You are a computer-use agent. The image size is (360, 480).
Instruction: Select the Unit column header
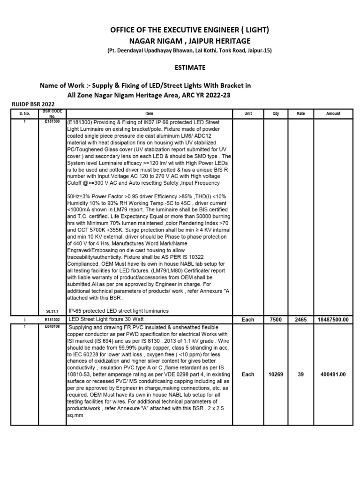pos(248,113)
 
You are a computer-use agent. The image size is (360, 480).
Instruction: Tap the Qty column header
pos(275,113)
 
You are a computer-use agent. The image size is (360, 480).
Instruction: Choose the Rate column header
pos(301,113)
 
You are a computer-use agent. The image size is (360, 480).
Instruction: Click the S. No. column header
pos(24,113)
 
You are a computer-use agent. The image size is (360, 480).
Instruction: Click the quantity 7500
pos(275,319)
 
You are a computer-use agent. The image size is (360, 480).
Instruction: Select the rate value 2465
pos(301,319)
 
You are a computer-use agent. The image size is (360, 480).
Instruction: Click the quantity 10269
pos(275,375)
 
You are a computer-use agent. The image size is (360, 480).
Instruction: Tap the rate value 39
pos(301,375)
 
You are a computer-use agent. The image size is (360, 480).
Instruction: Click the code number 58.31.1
pos(52,311)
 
